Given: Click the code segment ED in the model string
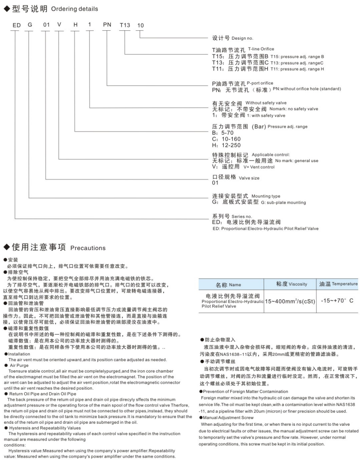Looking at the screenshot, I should point(16,25).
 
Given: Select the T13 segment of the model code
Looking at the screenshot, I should point(124,25).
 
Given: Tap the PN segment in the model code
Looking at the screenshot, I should point(107,25).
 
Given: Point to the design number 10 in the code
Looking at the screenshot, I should point(140,25).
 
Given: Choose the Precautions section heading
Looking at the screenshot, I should point(88,248).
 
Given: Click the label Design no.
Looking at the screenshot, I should point(242,38).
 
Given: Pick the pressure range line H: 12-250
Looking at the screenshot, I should point(227,145).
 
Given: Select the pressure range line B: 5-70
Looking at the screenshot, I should point(223,133).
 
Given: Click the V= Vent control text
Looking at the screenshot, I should point(259,167).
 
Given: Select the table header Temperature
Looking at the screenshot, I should point(344,284).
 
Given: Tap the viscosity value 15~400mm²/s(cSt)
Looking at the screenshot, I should point(290,301).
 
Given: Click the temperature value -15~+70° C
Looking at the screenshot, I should point(337,301).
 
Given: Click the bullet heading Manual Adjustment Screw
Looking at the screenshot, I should point(229,417).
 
